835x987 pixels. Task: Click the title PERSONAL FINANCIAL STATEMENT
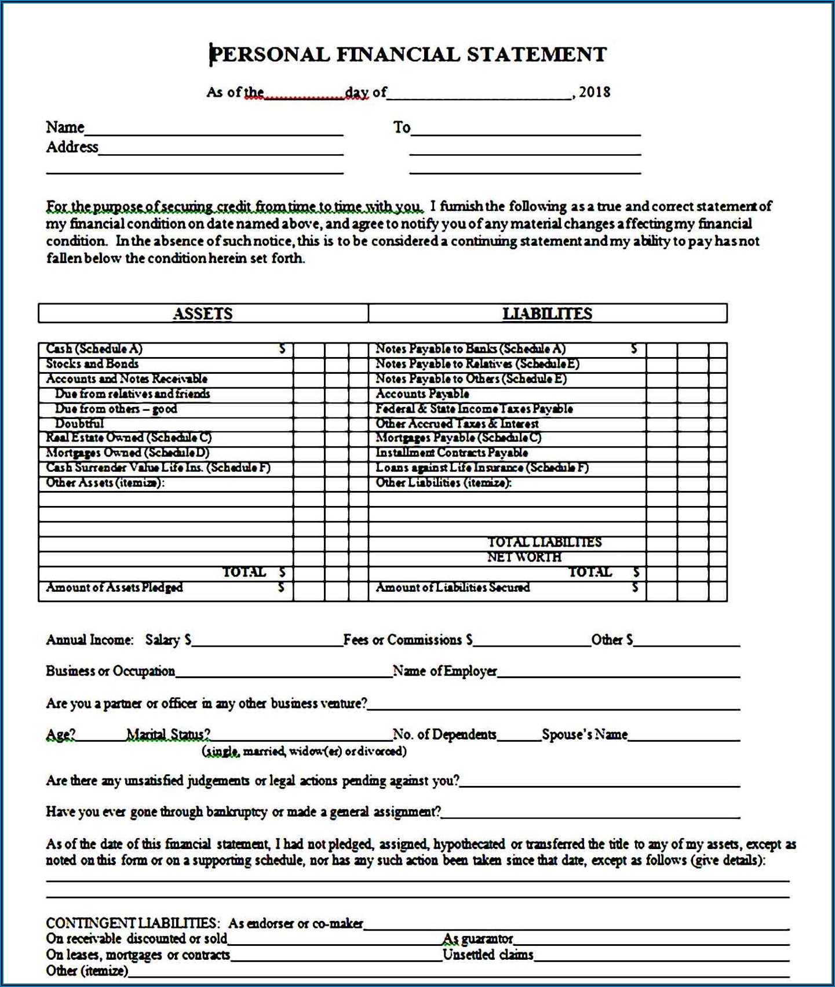(408, 54)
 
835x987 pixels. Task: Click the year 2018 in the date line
(595, 92)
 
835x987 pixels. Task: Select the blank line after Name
(214, 129)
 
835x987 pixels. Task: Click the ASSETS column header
(203, 314)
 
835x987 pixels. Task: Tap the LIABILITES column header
(547, 314)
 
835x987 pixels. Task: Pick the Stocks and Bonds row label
(92, 364)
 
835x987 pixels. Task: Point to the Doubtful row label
(79, 424)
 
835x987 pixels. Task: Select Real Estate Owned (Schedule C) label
(129, 438)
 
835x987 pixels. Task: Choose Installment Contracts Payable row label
(451, 453)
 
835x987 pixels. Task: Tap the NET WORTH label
(524, 557)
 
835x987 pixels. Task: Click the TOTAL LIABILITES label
(544, 542)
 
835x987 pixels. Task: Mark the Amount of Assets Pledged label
(114, 588)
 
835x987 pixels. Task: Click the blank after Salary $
(267, 641)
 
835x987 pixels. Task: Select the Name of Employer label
(445, 671)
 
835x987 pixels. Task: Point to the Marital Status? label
(168, 735)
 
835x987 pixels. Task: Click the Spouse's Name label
(585, 735)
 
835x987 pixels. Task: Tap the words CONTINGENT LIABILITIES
(132, 923)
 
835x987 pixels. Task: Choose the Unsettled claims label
(488, 955)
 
